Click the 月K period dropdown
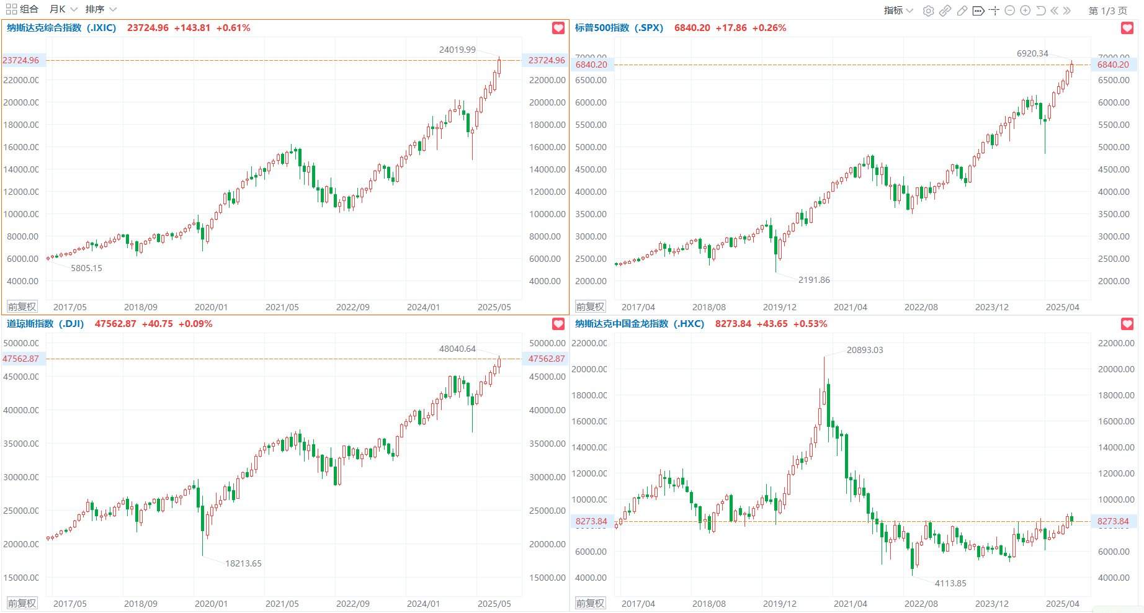click(63, 9)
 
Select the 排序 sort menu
click(101, 9)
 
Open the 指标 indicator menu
click(898, 11)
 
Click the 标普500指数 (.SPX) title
click(619, 28)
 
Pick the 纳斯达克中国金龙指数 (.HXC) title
click(639, 324)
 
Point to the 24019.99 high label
click(457, 50)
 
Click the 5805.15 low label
click(86, 268)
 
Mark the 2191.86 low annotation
click(813, 280)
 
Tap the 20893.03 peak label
click(864, 350)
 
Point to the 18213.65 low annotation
click(243, 563)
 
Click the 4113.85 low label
click(950, 583)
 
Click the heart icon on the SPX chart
click(1127, 28)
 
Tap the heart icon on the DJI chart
click(558, 324)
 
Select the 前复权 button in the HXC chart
click(590, 603)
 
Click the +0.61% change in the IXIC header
click(233, 28)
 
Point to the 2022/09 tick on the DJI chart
click(352, 604)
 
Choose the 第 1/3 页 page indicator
click(1107, 11)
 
